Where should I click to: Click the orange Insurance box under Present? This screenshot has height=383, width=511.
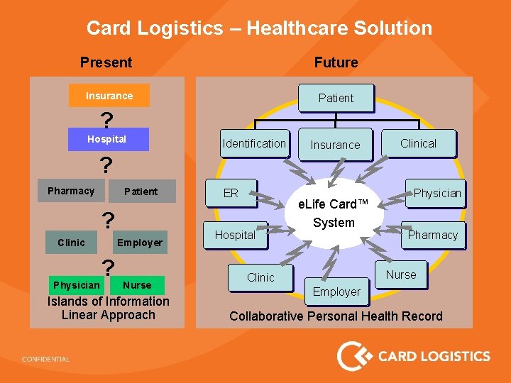109,96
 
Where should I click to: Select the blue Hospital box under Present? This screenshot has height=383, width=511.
108,139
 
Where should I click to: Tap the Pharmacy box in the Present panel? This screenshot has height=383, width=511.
71,191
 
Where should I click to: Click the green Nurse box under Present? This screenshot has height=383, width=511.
137,285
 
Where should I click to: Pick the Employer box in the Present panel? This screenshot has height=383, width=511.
140,243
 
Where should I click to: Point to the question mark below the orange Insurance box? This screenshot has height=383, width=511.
106,119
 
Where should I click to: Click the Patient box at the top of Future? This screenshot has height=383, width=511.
336,98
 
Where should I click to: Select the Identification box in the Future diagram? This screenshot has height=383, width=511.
253,143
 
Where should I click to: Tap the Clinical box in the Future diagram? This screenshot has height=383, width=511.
418,143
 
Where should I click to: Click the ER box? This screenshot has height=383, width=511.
231,193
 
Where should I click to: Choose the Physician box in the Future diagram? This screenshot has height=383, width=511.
436,193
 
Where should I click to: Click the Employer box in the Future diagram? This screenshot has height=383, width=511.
336,292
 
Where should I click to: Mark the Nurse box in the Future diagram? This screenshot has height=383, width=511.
401,274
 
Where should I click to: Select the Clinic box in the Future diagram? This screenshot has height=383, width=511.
260,277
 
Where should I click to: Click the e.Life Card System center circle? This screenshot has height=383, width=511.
334,213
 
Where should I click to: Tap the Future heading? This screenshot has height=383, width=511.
336,62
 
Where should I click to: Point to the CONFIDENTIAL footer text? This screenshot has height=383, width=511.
45,359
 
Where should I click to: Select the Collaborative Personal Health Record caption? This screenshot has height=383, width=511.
336,316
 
